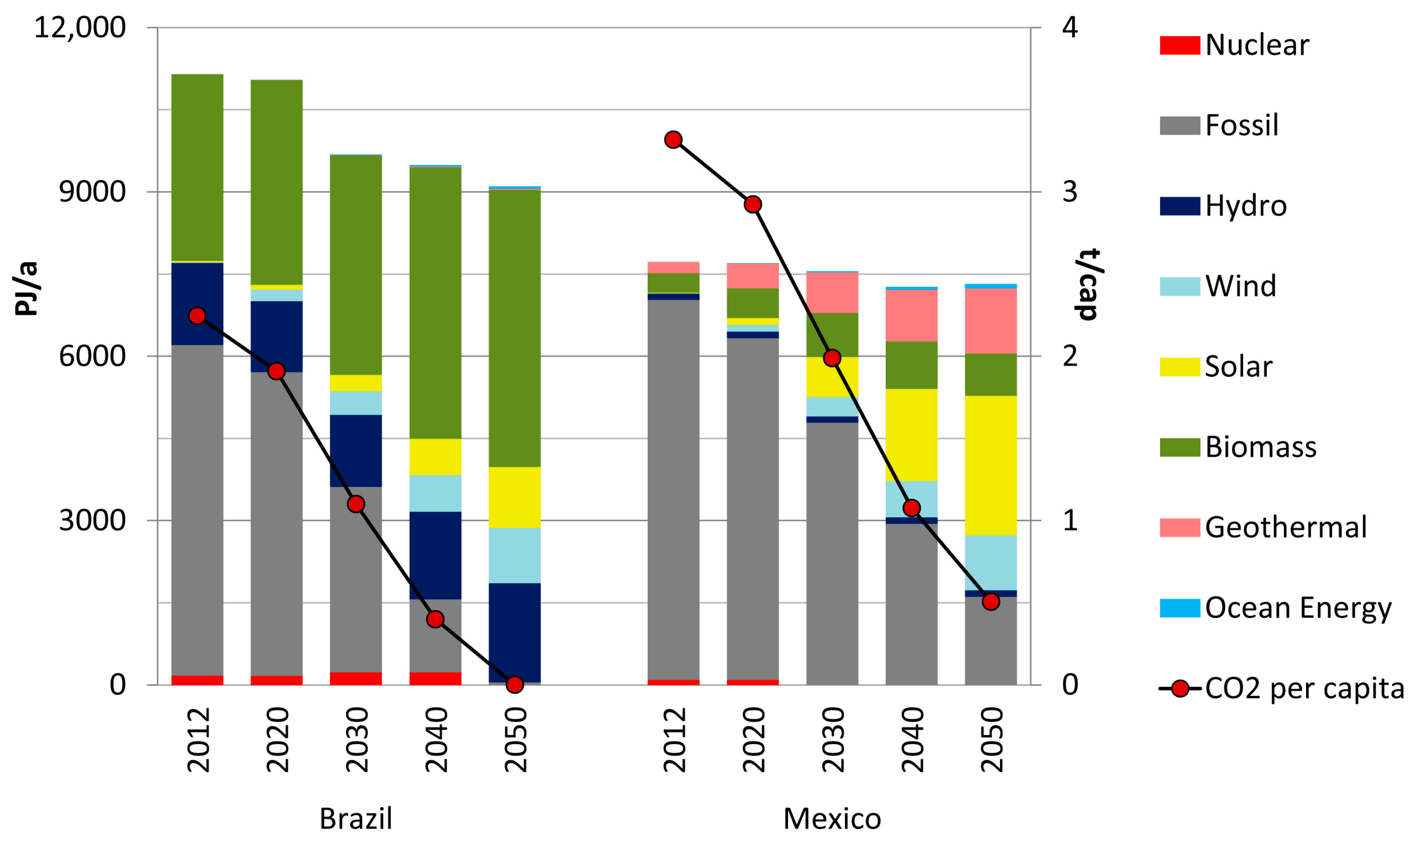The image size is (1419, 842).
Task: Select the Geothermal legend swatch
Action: pyautogui.click(x=1179, y=527)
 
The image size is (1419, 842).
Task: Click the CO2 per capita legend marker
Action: pyautogui.click(x=1180, y=689)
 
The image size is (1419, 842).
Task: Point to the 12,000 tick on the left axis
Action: pyautogui.click(x=80, y=27)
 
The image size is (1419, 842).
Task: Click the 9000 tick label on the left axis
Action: pyautogui.click(x=92, y=192)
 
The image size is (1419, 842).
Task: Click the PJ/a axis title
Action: pyautogui.click(x=26, y=288)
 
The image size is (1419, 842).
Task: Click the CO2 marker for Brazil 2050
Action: pyautogui.click(x=514, y=685)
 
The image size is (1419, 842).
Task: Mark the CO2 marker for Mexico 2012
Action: pyautogui.click(x=673, y=140)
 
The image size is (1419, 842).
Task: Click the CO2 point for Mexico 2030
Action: pyautogui.click(x=832, y=358)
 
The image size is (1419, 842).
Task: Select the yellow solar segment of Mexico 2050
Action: pyautogui.click(x=991, y=465)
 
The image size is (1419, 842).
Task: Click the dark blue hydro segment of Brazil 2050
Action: pyautogui.click(x=514, y=633)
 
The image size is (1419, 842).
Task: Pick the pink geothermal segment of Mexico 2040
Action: pyautogui.click(x=911, y=315)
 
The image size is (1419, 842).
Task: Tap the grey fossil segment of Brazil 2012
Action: pyautogui.click(x=197, y=510)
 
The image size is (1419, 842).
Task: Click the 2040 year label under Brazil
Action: pyautogui.click(x=436, y=740)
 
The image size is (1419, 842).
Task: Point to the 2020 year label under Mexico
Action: pyautogui.click(x=753, y=740)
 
